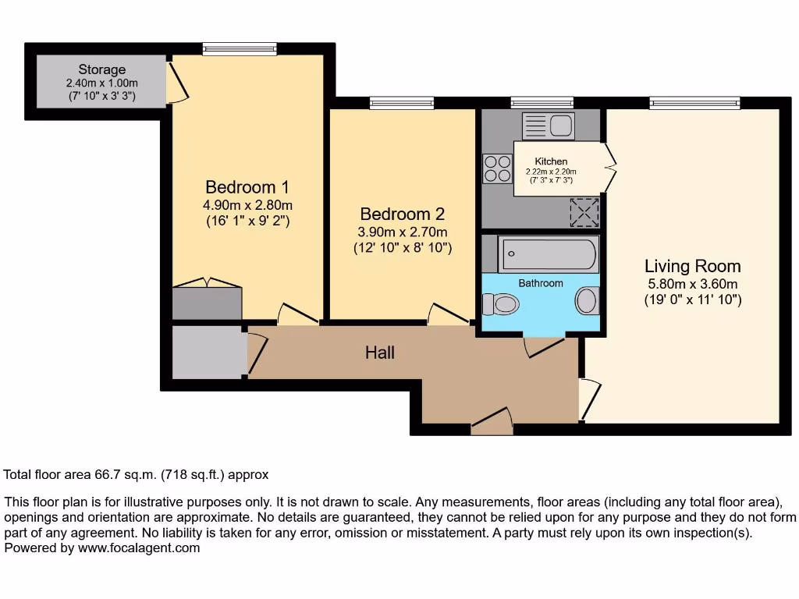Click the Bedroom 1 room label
pyautogui.click(x=247, y=187)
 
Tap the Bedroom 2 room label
pyautogui.click(x=402, y=214)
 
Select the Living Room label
pyautogui.click(x=692, y=266)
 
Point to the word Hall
pyautogui.click(x=380, y=353)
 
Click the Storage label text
pyautogui.click(x=101, y=69)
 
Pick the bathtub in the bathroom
pyautogui.click(x=549, y=254)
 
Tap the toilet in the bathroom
pyautogui.click(x=501, y=303)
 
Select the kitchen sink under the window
pyautogui.click(x=549, y=125)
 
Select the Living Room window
pyautogui.click(x=694, y=102)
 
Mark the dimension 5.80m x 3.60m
pyautogui.click(x=692, y=285)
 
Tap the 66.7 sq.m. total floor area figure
pyautogui.click(x=120, y=474)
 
